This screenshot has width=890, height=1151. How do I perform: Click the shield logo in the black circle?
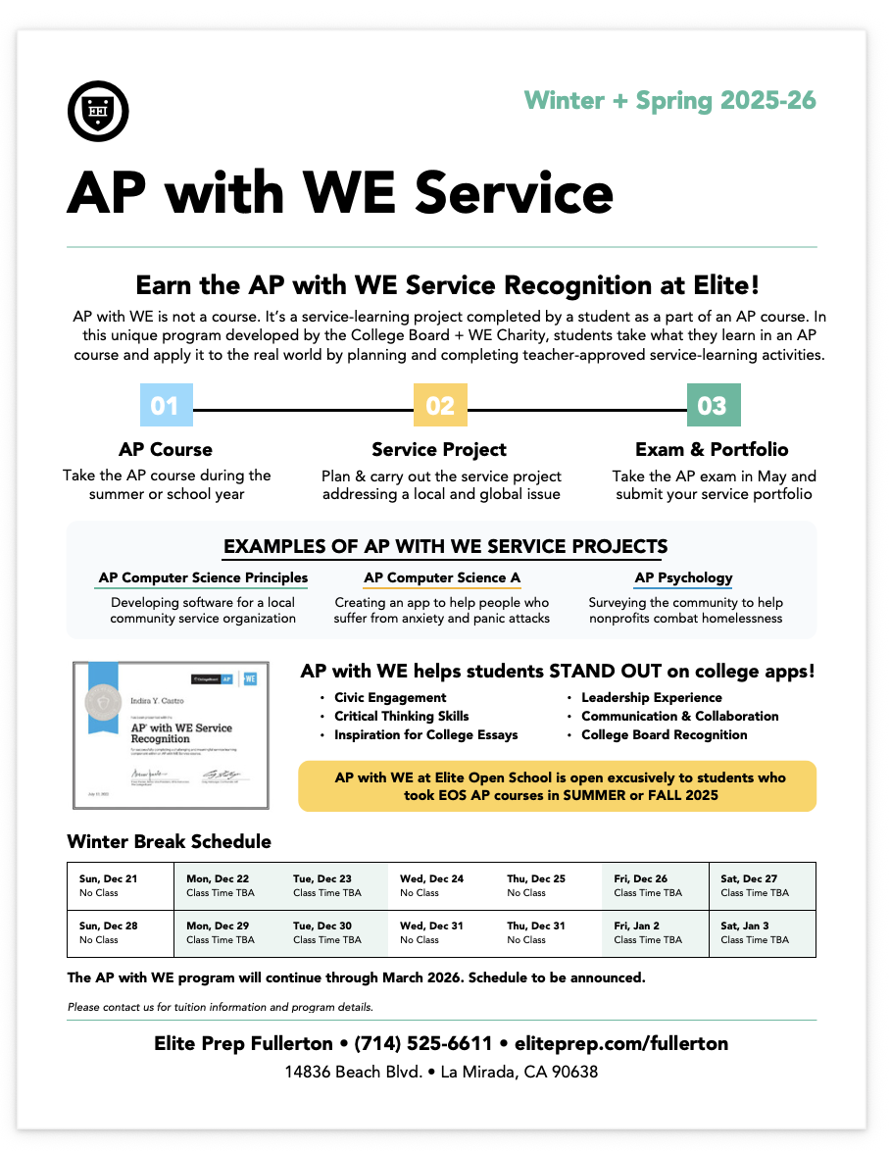click(98, 110)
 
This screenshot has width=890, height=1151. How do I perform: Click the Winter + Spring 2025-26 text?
click(669, 100)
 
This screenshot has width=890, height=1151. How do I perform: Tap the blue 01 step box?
click(165, 405)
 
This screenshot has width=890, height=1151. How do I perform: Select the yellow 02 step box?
click(440, 405)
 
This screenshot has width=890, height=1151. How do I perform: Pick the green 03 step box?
click(713, 405)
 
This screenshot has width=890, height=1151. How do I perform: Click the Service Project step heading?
click(439, 450)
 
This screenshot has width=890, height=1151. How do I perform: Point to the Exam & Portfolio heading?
click(712, 450)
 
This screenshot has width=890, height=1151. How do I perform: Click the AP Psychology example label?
click(683, 578)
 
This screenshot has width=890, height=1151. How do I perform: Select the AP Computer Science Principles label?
click(203, 578)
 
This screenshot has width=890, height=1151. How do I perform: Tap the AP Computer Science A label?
click(441, 578)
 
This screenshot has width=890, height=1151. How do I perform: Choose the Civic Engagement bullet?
click(390, 697)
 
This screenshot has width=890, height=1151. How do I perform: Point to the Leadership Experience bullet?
click(651, 697)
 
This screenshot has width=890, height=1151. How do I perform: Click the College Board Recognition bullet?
click(664, 734)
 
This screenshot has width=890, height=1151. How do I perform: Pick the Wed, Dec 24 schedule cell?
click(441, 885)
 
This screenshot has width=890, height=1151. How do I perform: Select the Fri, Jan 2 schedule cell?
click(654, 933)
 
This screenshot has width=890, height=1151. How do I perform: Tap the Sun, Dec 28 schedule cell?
click(120, 933)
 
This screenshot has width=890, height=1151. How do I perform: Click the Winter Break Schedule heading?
click(169, 841)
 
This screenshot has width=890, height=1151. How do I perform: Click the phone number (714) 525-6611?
click(422, 1044)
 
